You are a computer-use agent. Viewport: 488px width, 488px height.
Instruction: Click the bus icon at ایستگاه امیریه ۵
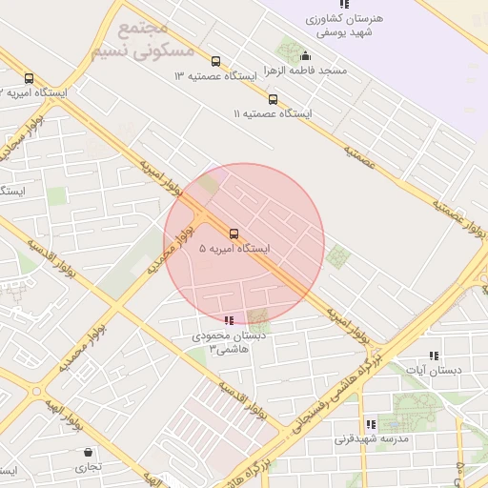234,233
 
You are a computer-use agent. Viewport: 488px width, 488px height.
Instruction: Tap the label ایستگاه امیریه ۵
234,249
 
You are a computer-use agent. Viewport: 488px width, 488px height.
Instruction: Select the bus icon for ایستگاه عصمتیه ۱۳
214,61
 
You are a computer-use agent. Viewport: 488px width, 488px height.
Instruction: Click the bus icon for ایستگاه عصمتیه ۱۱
273,99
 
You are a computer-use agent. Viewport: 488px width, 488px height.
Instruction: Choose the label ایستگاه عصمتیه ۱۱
273,113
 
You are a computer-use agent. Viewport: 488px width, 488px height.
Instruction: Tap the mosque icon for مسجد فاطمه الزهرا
305,55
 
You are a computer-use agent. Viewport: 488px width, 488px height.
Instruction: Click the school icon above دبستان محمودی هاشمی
228,320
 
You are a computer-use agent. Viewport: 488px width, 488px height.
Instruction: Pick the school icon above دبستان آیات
434,356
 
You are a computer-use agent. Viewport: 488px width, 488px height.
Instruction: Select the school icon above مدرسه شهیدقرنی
370,425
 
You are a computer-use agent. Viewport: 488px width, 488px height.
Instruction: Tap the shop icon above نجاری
89,452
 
